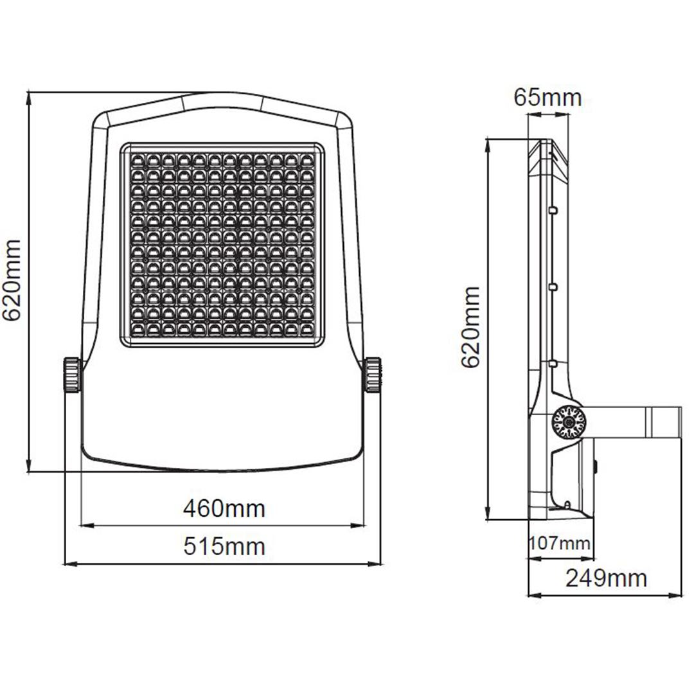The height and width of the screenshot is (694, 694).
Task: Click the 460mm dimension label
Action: pyautogui.click(x=224, y=509)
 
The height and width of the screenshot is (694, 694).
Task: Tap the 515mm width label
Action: pyautogui.click(x=224, y=546)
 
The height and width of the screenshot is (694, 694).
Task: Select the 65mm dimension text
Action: pyautogui.click(x=547, y=98)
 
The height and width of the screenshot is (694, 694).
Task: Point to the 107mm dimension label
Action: pyautogui.click(x=560, y=542)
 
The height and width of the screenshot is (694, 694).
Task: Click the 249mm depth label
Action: pyautogui.click(x=606, y=578)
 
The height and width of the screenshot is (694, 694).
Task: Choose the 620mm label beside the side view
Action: pyautogui.click(x=470, y=327)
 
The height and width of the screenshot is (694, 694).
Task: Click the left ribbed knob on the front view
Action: pyautogui.click(x=72, y=375)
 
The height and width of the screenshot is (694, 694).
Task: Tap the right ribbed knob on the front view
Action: pyautogui.click(x=373, y=375)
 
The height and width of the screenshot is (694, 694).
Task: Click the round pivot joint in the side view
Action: pyautogui.click(x=569, y=423)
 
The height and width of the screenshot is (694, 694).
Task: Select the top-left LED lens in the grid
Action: pyautogui.click(x=138, y=159)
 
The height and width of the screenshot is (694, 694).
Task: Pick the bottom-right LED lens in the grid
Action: pyautogui.click(x=307, y=329)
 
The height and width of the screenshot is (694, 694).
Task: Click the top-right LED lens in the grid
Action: pyautogui.click(x=307, y=159)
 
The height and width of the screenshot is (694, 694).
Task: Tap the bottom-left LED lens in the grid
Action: pyautogui.click(x=138, y=329)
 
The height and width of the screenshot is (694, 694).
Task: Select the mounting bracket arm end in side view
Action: pyautogui.click(x=664, y=422)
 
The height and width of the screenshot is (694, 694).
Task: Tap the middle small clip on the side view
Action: pyautogui.click(x=553, y=287)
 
